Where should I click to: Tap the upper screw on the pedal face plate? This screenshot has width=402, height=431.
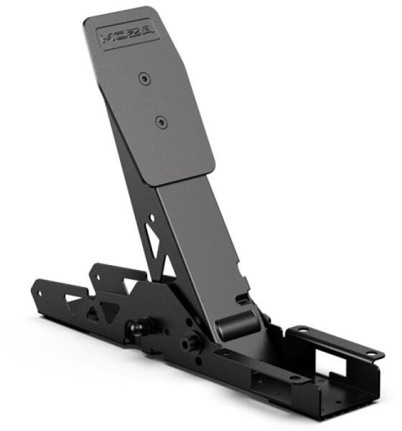pos(144,78)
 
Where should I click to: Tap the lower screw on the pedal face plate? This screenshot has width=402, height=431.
pos(162,122)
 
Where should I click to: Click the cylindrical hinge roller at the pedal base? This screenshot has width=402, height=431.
pos(238,325)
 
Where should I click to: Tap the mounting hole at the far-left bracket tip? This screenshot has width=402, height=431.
pos(40,294)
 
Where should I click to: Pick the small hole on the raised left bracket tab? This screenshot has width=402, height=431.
pos(97,277)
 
